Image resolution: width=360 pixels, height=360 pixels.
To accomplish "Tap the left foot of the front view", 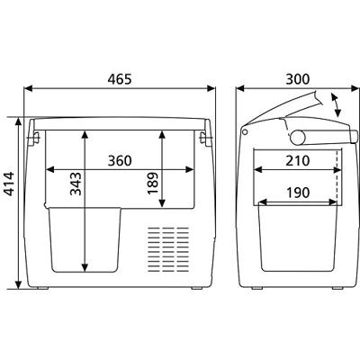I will click(44, 287).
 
